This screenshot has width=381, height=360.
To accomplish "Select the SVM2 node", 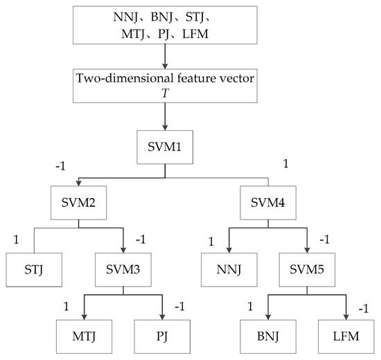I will click(77, 204).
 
